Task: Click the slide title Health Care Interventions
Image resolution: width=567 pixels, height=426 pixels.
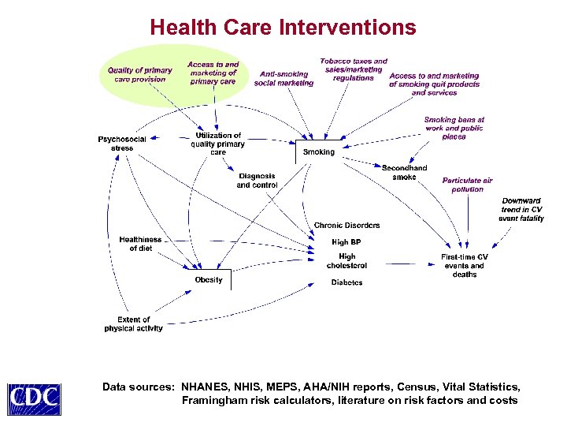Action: pyautogui.click(x=283, y=28)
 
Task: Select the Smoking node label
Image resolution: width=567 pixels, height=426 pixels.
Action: pyautogui.click(x=319, y=152)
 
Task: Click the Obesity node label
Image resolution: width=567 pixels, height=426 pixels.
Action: pyautogui.click(x=209, y=280)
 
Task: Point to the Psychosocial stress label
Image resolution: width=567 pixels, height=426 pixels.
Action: pyautogui.click(x=122, y=144)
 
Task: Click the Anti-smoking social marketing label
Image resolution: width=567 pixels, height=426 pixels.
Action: pyautogui.click(x=283, y=79)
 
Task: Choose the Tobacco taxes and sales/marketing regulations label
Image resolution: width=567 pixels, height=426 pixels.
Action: pyautogui.click(x=354, y=69)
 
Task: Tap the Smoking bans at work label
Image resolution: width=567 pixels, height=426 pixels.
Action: pyautogui.click(x=454, y=129)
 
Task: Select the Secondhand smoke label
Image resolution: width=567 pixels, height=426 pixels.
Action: pyautogui.click(x=405, y=173)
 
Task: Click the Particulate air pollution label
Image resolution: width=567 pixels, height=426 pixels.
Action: pyautogui.click(x=468, y=185)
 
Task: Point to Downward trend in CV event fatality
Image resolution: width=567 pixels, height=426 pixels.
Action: pyautogui.click(x=521, y=210)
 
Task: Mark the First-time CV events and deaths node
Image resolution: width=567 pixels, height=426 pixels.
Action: pyautogui.click(x=465, y=266)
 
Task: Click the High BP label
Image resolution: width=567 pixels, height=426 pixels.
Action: pyautogui.click(x=346, y=243)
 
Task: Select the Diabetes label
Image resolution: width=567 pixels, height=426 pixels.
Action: pyautogui.click(x=346, y=282)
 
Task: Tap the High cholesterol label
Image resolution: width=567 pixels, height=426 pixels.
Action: pyautogui.click(x=346, y=261)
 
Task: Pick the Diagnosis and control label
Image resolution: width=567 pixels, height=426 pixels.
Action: pyautogui.click(x=257, y=181)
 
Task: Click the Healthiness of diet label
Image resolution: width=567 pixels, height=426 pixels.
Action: pyautogui.click(x=140, y=244)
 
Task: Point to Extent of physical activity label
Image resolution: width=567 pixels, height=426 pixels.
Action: pyautogui.click(x=133, y=324)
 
